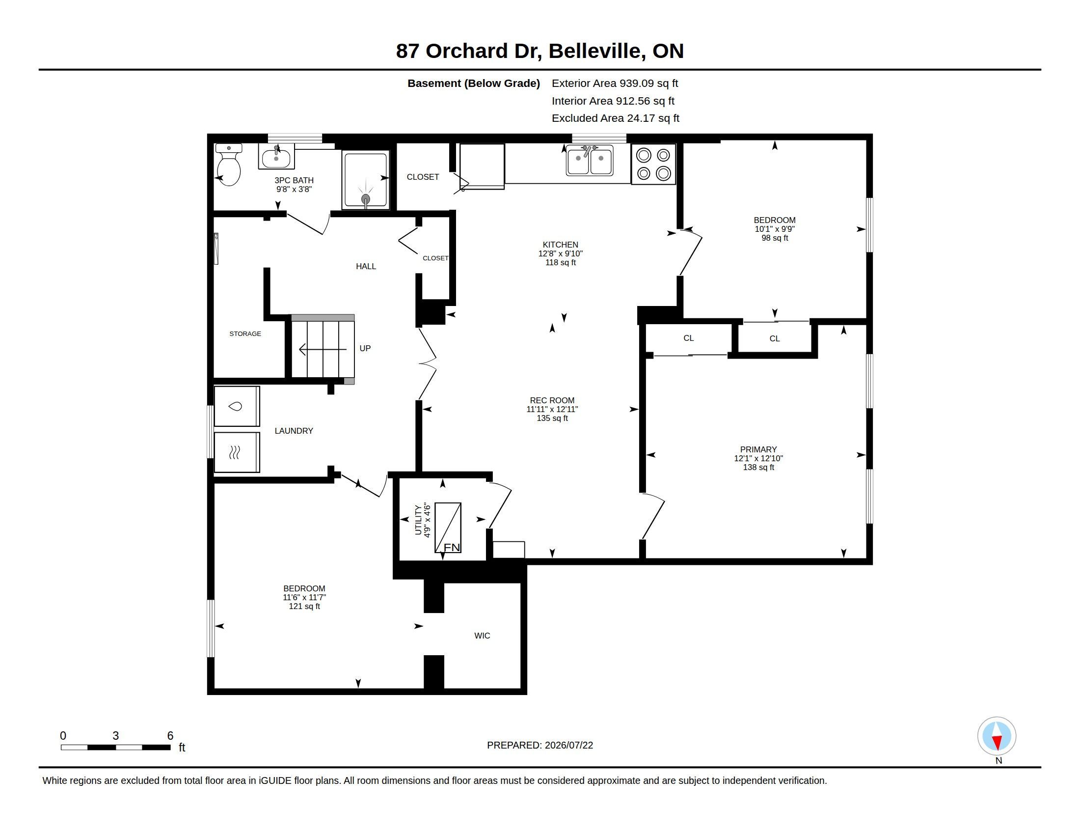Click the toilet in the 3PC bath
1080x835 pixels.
(x=228, y=165)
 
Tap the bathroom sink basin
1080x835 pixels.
(x=276, y=158)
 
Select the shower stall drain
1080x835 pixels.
(x=366, y=199)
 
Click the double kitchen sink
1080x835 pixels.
(x=590, y=160)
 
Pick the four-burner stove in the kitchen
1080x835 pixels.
(x=653, y=164)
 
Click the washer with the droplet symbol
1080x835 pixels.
(x=237, y=406)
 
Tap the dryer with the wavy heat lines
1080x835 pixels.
(x=237, y=452)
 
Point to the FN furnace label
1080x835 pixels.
(x=452, y=547)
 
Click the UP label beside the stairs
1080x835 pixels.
(x=365, y=348)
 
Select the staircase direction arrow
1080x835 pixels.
(x=323, y=350)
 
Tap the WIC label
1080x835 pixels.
(x=482, y=636)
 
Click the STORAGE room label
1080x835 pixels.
(x=245, y=334)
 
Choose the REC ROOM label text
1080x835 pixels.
(x=552, y=400)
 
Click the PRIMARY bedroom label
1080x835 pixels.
(x=758, y=449)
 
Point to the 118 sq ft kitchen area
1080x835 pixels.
(x=560, y=262)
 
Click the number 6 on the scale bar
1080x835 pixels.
(x=170, y=736)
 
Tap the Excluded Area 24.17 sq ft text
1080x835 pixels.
(x=615, y=118)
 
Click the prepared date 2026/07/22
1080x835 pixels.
(x=568, y=745)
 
